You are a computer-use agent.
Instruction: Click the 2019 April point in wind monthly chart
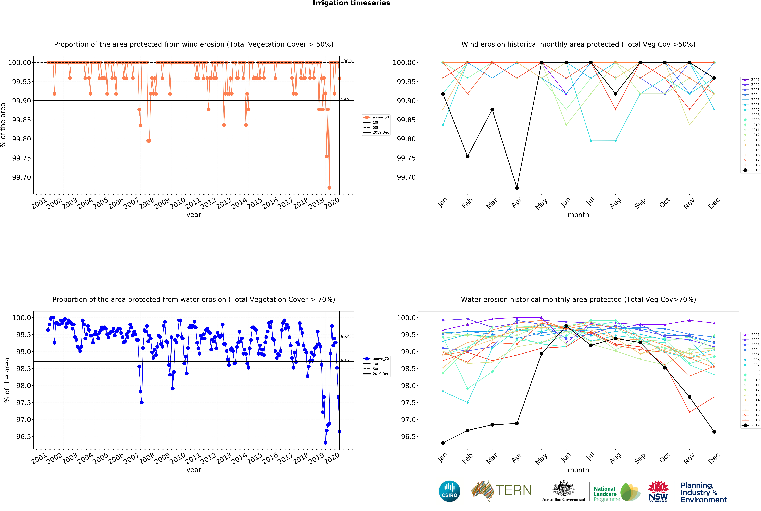(x=517, y=188)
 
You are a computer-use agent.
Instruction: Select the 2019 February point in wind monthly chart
(x=467, y=156)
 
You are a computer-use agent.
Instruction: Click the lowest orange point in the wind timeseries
(x=329, y=188)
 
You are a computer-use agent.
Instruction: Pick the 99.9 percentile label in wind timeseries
(x=345, y=99)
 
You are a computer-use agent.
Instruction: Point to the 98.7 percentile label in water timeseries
(x=345, y=360)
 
